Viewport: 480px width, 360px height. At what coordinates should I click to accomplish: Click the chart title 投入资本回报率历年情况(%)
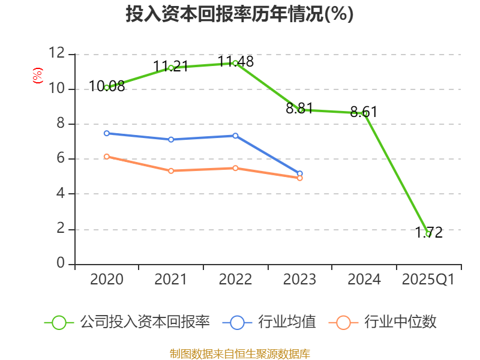click(x=239, y=14)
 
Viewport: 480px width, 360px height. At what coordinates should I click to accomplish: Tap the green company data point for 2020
click(x=107, y=88)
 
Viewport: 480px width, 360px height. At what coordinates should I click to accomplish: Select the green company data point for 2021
click(x=171, y=68)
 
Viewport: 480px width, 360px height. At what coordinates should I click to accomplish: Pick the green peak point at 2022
click(x=235, y=63)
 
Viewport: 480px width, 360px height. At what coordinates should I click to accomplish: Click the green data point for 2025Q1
click(x=428, y=234)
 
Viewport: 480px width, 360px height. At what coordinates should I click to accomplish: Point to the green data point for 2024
click(x=364, y=113)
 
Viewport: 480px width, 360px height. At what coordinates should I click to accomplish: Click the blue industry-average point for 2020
click(x=107, y=133)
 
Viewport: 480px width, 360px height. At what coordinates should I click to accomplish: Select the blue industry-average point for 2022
click(x=235, y=136)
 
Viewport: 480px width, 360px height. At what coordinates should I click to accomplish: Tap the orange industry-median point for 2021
click(x=171, y=171)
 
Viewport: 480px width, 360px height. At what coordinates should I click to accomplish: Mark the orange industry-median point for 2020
click(x=107, y=157)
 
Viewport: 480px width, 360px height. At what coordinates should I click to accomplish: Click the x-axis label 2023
click(x=299, y=280)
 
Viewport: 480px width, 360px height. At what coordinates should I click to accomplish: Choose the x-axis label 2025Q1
click(x=428, y=280)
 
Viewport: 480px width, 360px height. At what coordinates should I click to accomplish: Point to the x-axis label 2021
click(x=171, y=280)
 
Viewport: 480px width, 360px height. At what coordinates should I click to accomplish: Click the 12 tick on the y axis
click(x=57, y=54)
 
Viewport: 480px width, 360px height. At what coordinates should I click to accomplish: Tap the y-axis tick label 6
click(x=61, y=159)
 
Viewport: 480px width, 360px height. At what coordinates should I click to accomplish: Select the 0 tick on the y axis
click(x=61, y=264)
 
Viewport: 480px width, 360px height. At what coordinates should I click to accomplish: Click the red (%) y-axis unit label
click(x=38, y=76)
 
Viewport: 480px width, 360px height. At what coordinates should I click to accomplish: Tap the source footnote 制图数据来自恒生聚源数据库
click(x=239, y=353)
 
